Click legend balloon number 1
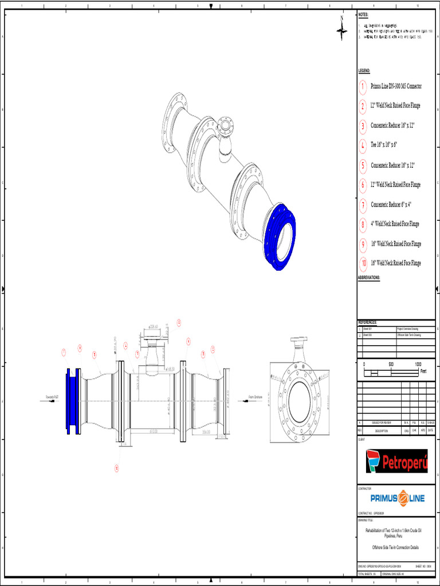363,87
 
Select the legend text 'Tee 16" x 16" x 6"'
384,145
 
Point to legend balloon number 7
363,205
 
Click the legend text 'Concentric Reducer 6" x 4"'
391,204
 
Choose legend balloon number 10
363,264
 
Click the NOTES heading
363,14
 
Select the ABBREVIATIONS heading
370,278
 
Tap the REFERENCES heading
368,322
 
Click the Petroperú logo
397,461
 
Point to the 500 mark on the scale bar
391,364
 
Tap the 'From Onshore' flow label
256,395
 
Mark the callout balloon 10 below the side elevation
116,468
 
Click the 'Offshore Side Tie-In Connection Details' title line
396,547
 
